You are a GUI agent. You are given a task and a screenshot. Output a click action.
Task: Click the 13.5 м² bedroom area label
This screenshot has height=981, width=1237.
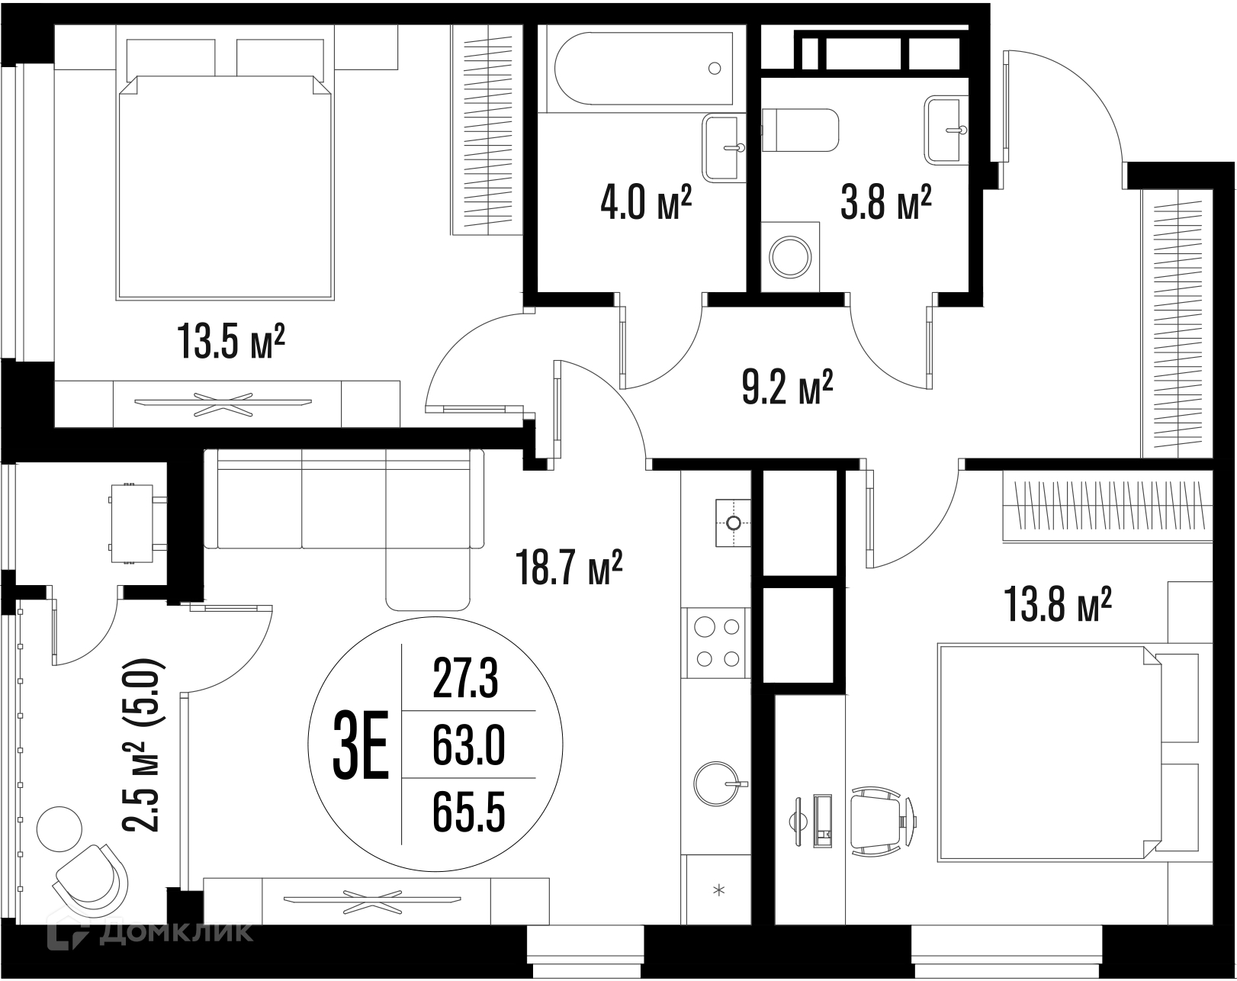231,342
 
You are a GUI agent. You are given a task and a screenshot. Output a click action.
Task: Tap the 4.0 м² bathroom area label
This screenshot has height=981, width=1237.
645,203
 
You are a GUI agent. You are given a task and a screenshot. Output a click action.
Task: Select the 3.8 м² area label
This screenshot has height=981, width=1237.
885,203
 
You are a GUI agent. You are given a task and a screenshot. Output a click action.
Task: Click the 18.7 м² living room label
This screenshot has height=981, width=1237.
569,567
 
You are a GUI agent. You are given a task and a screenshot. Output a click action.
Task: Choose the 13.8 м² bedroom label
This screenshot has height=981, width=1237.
1058,604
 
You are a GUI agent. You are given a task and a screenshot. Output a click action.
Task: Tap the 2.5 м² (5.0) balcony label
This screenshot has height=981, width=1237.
143,745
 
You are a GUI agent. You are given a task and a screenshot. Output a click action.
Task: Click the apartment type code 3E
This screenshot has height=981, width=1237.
361,745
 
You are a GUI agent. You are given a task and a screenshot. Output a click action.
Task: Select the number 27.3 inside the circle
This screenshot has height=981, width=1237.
466,679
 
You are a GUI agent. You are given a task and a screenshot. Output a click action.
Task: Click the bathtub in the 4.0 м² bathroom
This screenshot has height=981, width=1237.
643,69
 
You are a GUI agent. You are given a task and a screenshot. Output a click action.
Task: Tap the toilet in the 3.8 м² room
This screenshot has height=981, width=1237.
800,130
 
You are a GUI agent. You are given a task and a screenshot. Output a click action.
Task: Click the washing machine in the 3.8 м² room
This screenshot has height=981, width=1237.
790,256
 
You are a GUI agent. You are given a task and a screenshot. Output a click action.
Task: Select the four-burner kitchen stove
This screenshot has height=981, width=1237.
716,642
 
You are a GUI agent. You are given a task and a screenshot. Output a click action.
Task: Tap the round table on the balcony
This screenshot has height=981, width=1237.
59,829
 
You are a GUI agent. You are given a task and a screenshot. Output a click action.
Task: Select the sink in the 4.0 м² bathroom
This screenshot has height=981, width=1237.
723,148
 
